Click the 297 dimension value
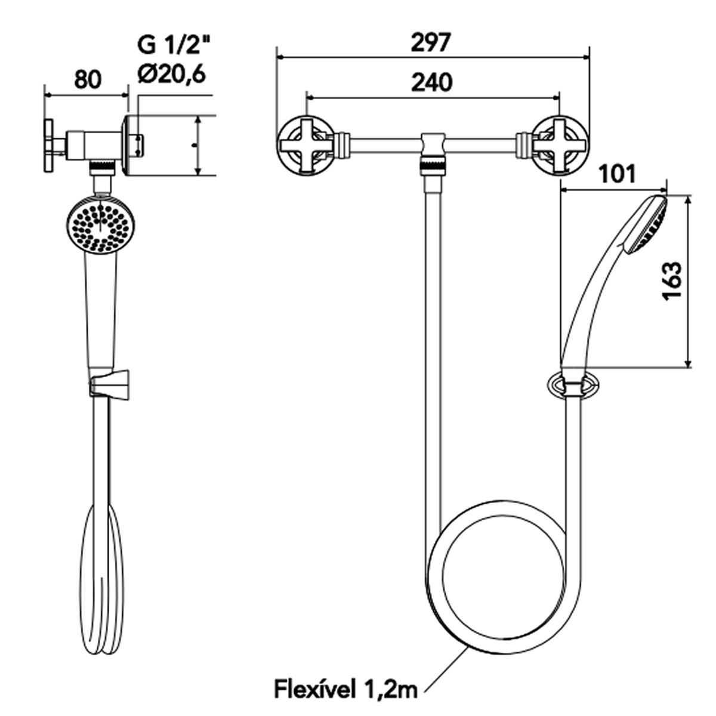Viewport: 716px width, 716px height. coord(431,43)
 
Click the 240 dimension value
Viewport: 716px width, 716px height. coord(432,82)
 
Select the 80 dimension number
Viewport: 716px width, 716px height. coord(88,79)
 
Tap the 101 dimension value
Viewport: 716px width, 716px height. coord(618,175)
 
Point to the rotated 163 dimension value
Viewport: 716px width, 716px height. coord(672,280)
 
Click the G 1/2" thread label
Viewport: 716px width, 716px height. coord(173,45)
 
